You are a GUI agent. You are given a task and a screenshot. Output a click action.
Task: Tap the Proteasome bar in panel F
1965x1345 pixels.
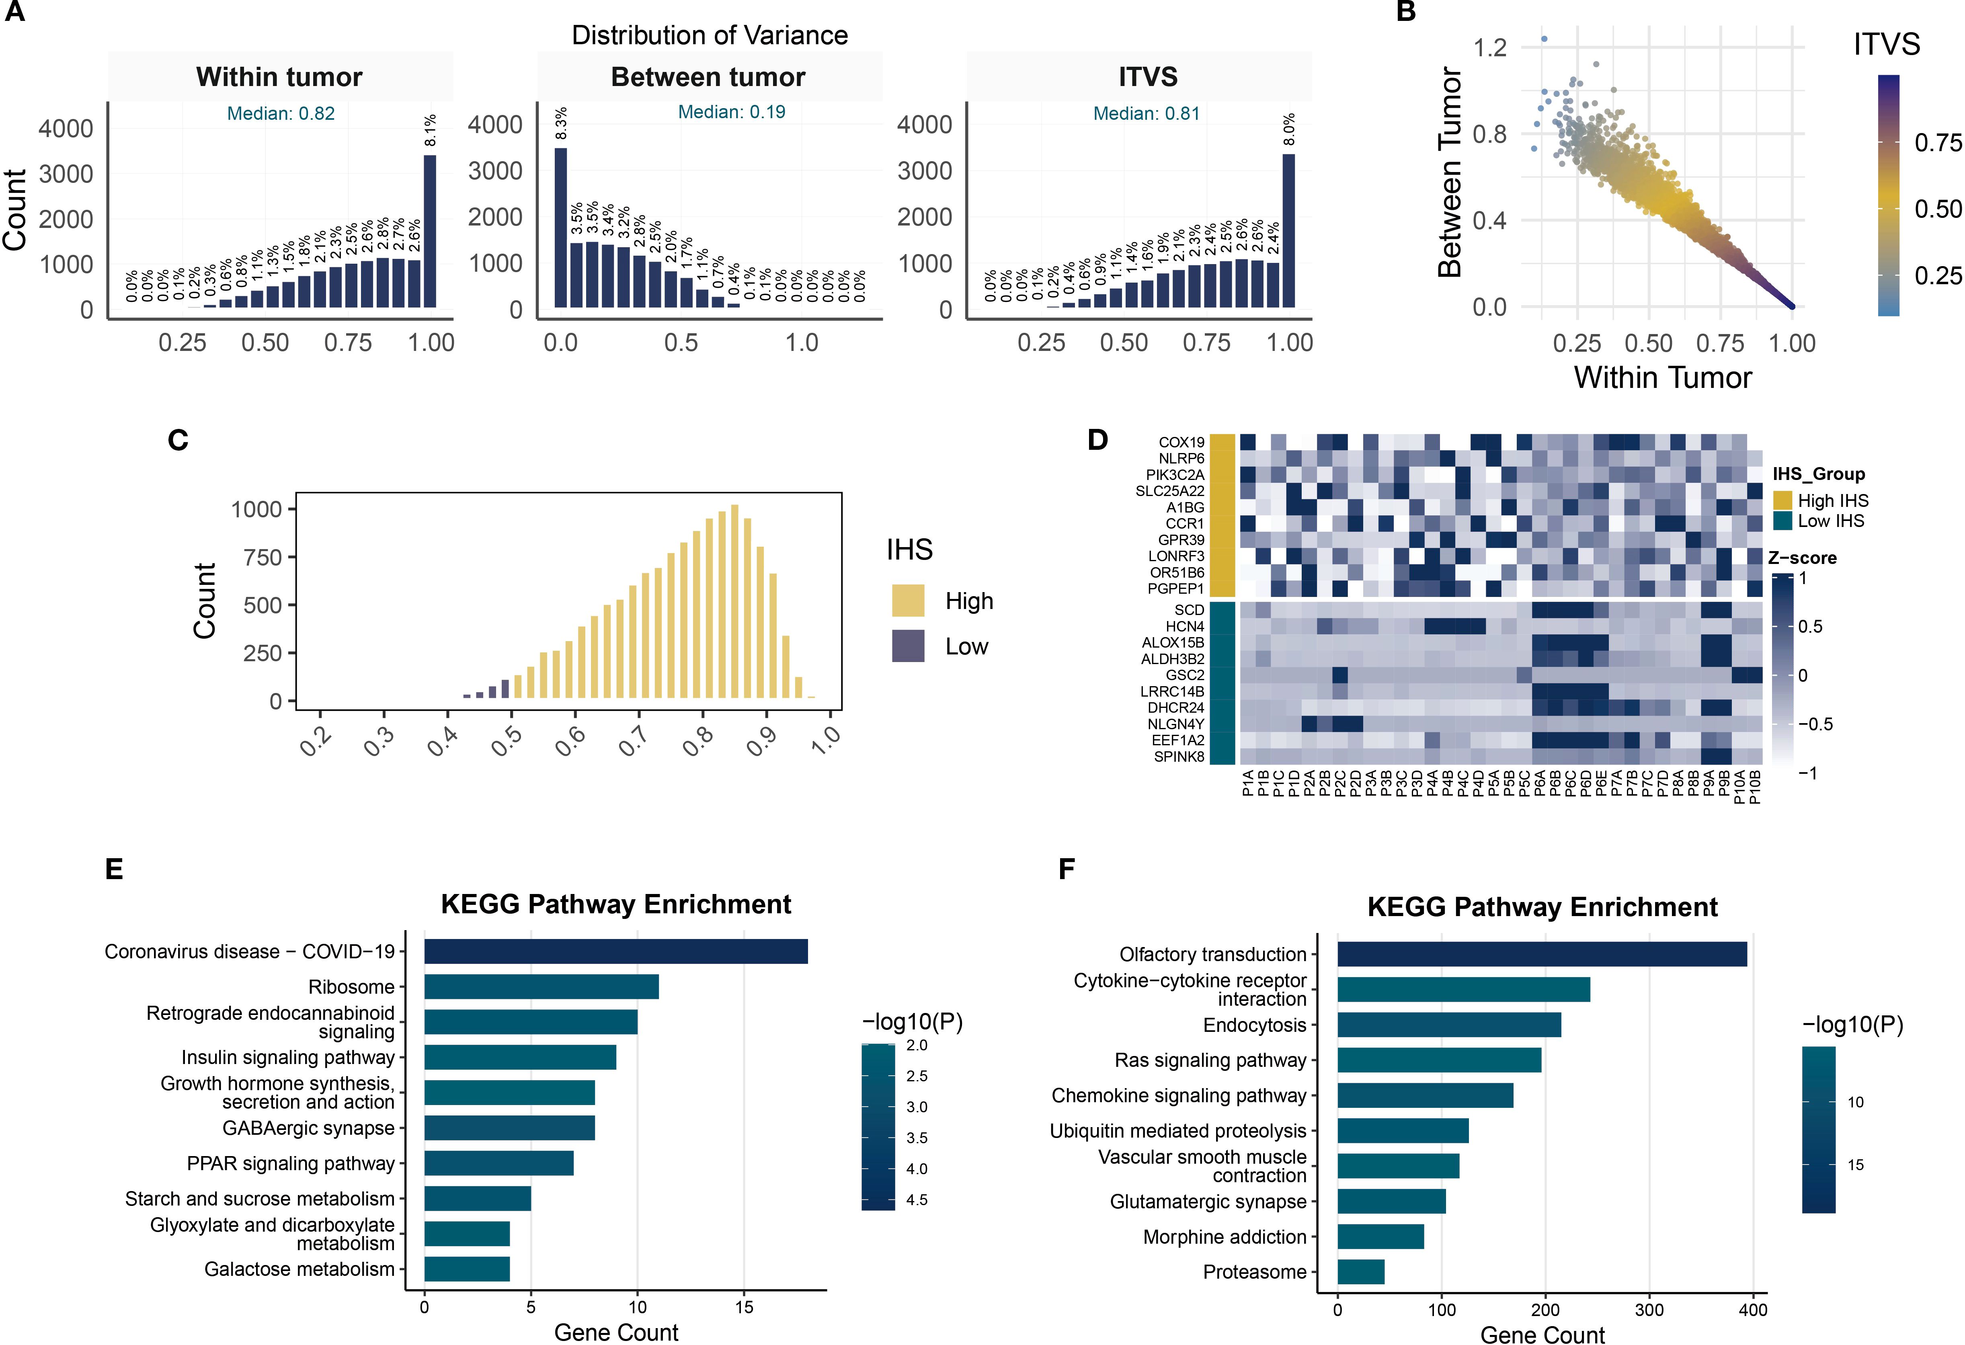(1360, 1271)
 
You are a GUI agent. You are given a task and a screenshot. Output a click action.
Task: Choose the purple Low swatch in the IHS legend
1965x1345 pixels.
(908, 646)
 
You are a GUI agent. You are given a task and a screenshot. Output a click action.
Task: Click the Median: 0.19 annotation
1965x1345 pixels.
(731, 112)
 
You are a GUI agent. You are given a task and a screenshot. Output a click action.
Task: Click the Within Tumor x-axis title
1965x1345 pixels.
(1662, 377)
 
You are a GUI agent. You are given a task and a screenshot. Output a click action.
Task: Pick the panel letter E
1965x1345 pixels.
(114, 869)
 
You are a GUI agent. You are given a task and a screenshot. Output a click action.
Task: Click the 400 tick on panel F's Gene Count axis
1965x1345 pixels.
(1753, 1310)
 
